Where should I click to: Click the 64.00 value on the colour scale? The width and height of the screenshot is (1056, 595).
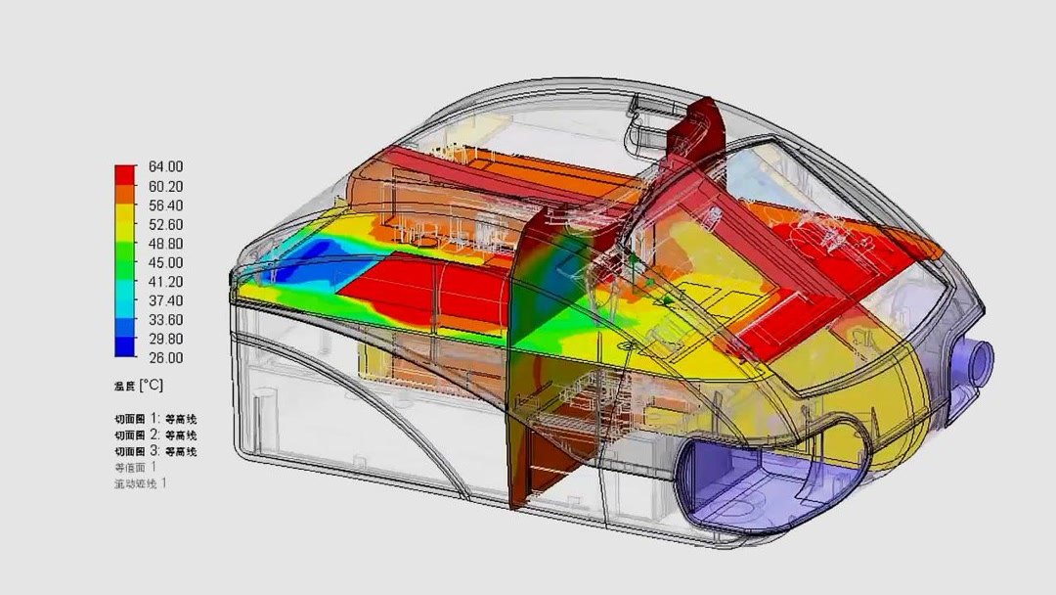point(165,167)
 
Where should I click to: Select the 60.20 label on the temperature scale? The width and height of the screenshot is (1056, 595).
point(165,186)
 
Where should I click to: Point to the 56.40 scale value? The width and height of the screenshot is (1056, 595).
point(165,206)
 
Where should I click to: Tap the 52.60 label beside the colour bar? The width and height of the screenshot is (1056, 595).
point(165,224)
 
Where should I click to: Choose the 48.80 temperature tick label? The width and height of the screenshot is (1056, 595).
point(165,244)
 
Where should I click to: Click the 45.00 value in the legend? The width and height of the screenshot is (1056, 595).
point(165,262)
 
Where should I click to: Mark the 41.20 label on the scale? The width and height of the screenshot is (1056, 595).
point(165,282)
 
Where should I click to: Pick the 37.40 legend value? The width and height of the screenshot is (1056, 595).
point(165,300)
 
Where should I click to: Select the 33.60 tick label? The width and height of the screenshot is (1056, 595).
point(165,320)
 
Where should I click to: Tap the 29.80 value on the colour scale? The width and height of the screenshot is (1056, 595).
point(165,339)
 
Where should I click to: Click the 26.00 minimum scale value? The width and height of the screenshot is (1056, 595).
point(165,358)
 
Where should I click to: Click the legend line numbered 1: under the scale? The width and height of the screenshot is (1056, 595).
point(155,419)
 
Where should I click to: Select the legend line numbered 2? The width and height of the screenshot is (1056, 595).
point(155,435)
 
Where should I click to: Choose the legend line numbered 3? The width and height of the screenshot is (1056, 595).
point(155,451)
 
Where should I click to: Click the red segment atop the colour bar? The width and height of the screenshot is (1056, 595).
point(125,173)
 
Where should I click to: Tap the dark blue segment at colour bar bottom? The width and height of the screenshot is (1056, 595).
point(125,346)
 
